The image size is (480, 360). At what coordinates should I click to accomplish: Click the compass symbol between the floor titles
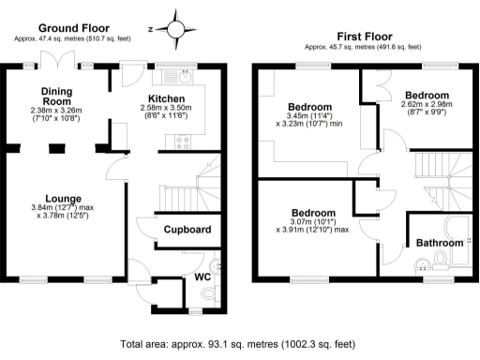[x=175, y=26]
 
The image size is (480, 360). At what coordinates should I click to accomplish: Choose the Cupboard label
[x=186, y=230]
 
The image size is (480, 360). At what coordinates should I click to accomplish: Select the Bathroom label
[x=440, y=244]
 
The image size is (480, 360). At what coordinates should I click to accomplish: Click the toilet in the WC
[x=218, y=267]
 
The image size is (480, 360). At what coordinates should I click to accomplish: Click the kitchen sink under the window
[x=171, y=75]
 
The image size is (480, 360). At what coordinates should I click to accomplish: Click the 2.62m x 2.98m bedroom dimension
[x=427, y=109]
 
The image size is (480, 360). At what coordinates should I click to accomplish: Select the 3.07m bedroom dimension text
[x=312, y=222]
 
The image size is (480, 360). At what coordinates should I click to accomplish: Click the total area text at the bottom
[x=239, y=344]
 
